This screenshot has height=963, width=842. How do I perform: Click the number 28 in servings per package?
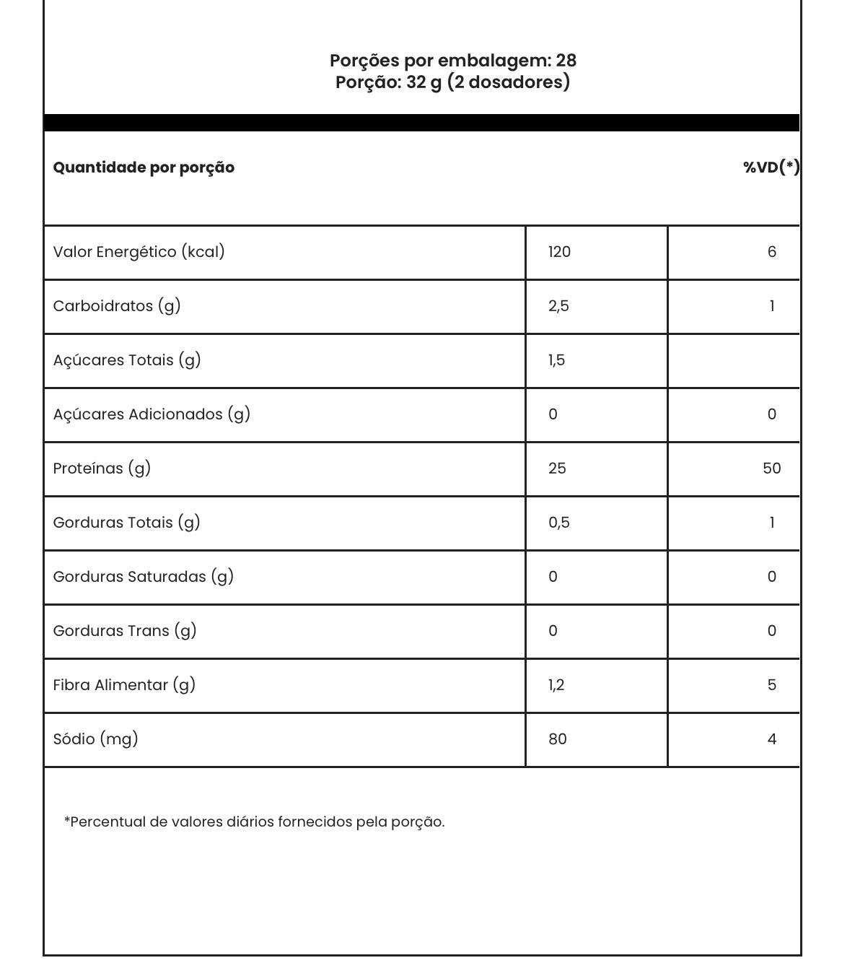[566, 61]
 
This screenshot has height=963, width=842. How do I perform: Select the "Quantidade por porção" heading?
[144, 167]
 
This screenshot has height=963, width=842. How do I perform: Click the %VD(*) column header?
[771, 167]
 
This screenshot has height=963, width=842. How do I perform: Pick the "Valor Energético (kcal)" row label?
[139, 252]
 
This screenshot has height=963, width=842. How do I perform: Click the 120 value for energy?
[559, 252]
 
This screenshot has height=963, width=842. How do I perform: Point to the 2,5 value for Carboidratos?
[558, 306]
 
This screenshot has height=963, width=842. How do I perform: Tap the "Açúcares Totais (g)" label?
[127, 360]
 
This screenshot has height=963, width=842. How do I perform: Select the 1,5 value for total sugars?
[556, 360]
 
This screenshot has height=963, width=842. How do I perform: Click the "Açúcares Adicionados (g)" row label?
[152, 414]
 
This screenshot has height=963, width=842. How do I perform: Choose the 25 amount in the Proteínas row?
[557, 469]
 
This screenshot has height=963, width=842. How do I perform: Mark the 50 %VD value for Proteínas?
[771, 469]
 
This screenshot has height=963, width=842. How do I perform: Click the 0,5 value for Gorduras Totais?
[558, 523]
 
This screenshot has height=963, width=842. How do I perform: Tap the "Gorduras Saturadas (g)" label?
[143, 577]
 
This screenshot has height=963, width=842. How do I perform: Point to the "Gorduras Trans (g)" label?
[125, 631]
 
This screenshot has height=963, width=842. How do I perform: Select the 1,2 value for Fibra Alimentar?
[556, 685]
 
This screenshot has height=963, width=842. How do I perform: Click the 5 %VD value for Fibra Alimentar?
[771, 685]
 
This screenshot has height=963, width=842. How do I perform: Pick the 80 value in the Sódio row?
[557, 739]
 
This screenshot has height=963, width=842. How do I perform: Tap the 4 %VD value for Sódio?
[771, 739]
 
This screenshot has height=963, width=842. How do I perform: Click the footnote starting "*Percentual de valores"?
[254, 822]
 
